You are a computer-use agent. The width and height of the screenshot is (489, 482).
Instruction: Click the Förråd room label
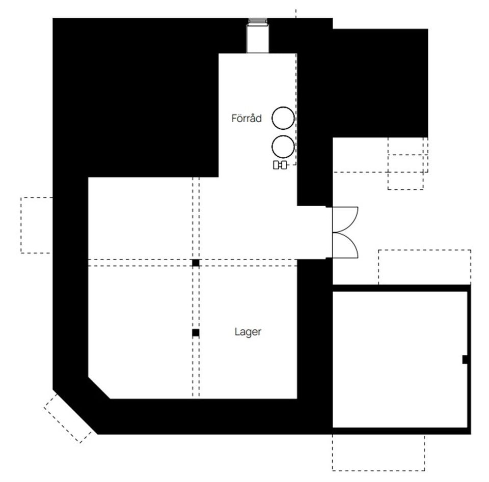point(247,118)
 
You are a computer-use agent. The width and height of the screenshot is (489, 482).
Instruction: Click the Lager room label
point(248,332)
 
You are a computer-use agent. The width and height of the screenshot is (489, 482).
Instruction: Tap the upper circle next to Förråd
point(283,118)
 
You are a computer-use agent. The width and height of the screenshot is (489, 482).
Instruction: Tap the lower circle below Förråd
point(283,147)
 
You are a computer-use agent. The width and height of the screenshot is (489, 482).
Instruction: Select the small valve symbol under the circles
point(280,165)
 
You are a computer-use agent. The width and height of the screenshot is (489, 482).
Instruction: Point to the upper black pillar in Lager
point(196,263)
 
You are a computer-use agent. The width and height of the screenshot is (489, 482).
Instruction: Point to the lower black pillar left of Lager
point(196,333)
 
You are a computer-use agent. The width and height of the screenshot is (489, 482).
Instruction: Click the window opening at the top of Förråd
point(258,36)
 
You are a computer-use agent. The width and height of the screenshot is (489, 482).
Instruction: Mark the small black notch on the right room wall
point(465,359)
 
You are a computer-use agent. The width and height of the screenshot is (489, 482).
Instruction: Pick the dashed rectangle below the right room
point(378,452)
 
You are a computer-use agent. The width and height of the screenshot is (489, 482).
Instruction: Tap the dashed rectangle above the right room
point(424,267)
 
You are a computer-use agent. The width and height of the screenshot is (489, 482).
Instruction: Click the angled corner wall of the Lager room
point(99,388)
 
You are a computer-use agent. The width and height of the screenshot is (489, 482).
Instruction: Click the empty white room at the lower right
point(400,359)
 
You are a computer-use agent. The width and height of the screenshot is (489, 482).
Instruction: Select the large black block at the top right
point(380,83)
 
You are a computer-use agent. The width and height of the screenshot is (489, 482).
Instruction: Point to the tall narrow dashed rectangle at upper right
point(406,163)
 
